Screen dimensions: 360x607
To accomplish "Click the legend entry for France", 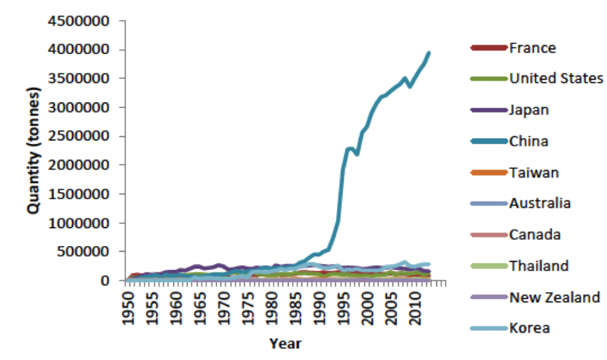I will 532,48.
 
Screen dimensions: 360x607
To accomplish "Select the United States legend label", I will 556,79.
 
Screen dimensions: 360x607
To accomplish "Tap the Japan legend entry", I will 529,110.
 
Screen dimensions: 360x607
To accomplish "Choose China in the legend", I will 529,141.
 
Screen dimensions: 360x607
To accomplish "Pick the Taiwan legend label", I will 533,173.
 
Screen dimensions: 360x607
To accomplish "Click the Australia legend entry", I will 539,203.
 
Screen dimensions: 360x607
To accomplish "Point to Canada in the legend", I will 535,235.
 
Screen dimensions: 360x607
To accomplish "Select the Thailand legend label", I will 538,266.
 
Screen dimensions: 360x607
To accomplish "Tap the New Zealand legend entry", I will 555,297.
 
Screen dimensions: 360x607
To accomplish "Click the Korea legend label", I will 529,328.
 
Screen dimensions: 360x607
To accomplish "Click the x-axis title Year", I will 285,343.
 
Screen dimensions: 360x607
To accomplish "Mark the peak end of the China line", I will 429,53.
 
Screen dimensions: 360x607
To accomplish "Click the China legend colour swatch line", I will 489,141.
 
